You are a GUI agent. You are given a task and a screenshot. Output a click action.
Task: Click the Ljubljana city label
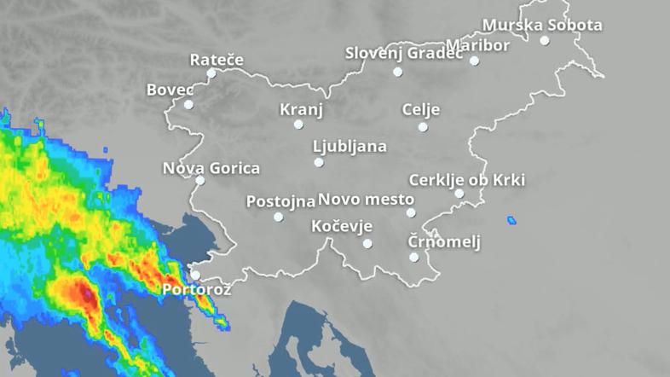pos(349,146)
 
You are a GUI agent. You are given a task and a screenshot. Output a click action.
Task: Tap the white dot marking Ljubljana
pos(319,162)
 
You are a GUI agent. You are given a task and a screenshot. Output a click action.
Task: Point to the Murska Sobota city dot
pos(545,40)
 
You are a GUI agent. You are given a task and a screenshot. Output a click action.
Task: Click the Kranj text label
pos(301,109)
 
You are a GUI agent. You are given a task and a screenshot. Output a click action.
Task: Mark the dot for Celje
pos(423,127)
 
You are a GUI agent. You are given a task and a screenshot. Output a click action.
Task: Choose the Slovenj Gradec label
pos(403,53)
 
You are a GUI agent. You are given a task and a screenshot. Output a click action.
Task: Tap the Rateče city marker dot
pos(211,73)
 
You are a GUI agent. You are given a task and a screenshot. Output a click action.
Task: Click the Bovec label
pos(170,89)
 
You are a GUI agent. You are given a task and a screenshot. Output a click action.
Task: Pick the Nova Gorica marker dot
pos(200,180)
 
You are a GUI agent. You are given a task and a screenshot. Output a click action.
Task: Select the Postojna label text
pos(280,201)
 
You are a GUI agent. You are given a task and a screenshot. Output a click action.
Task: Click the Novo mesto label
pos(366,200)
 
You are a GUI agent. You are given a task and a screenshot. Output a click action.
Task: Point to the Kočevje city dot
pos(367,243)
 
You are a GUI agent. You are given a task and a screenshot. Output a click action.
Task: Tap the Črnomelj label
pos(443,241)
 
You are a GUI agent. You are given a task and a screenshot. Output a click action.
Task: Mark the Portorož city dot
pos(195,275)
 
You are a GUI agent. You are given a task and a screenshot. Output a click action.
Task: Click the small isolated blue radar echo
pos(511,221)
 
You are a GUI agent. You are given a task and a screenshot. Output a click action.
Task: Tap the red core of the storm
pos(86,295)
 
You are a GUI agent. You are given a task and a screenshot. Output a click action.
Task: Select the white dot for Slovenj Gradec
pos(397,72)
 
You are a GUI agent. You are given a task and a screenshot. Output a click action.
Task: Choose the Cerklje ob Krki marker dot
pos(459,194)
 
